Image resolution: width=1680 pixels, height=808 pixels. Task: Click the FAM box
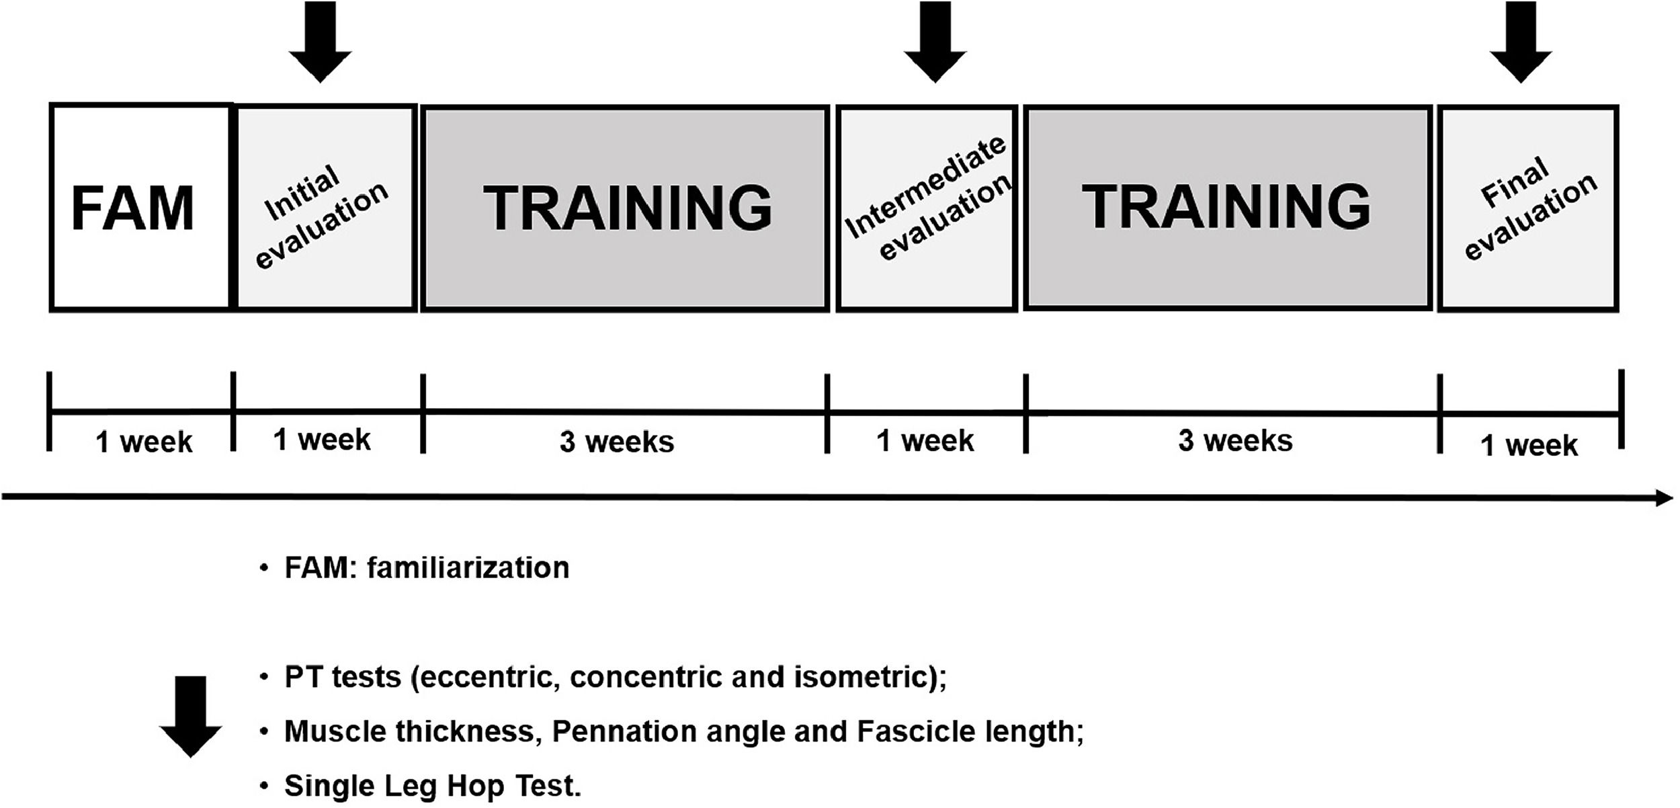pos(141,207)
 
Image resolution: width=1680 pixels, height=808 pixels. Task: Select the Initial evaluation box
pos(325,207)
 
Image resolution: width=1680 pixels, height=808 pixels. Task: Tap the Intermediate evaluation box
pos(927,207)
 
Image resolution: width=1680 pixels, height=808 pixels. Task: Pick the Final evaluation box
pos(1528,207)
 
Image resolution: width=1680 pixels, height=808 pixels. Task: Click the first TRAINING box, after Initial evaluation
pos(625,207)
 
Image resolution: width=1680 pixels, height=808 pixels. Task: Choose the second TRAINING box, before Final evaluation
pos(1227,207)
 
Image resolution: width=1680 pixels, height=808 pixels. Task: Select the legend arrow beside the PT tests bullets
pos(190,717)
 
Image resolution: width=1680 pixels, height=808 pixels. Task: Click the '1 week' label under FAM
pos(144,442)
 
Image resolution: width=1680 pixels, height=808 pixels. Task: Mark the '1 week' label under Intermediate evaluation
pos(925,441)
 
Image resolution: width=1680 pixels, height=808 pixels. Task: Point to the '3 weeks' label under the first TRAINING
pos(616,442)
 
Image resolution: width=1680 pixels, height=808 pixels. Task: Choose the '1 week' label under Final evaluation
pos(1529,445)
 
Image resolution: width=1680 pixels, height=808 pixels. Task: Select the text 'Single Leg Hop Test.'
pos(432,785)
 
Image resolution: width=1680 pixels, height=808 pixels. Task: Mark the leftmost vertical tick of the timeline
pos(49,411)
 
